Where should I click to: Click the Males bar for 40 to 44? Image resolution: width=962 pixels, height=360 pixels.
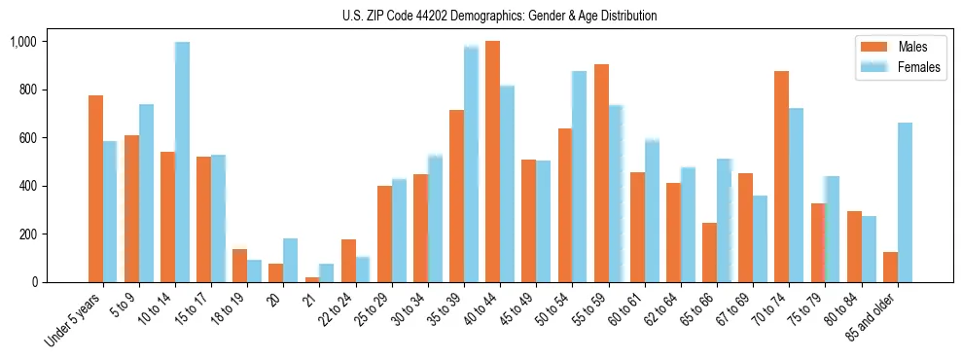[x=492, y=162]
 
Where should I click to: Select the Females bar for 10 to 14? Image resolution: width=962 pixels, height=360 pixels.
[x=182, y=162]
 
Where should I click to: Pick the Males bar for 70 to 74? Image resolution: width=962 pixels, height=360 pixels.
[x=781, y=176]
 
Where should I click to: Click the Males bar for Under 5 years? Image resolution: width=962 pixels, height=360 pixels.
[x=95, y=189]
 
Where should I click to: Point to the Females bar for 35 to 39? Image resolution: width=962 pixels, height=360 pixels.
[x=471, y=163]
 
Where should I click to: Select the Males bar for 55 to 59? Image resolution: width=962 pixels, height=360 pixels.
[x=601, y=173]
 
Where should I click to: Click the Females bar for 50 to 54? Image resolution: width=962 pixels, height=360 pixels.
[x=579, y=176]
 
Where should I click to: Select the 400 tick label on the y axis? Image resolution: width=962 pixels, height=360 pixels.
[x=27, y=186]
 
